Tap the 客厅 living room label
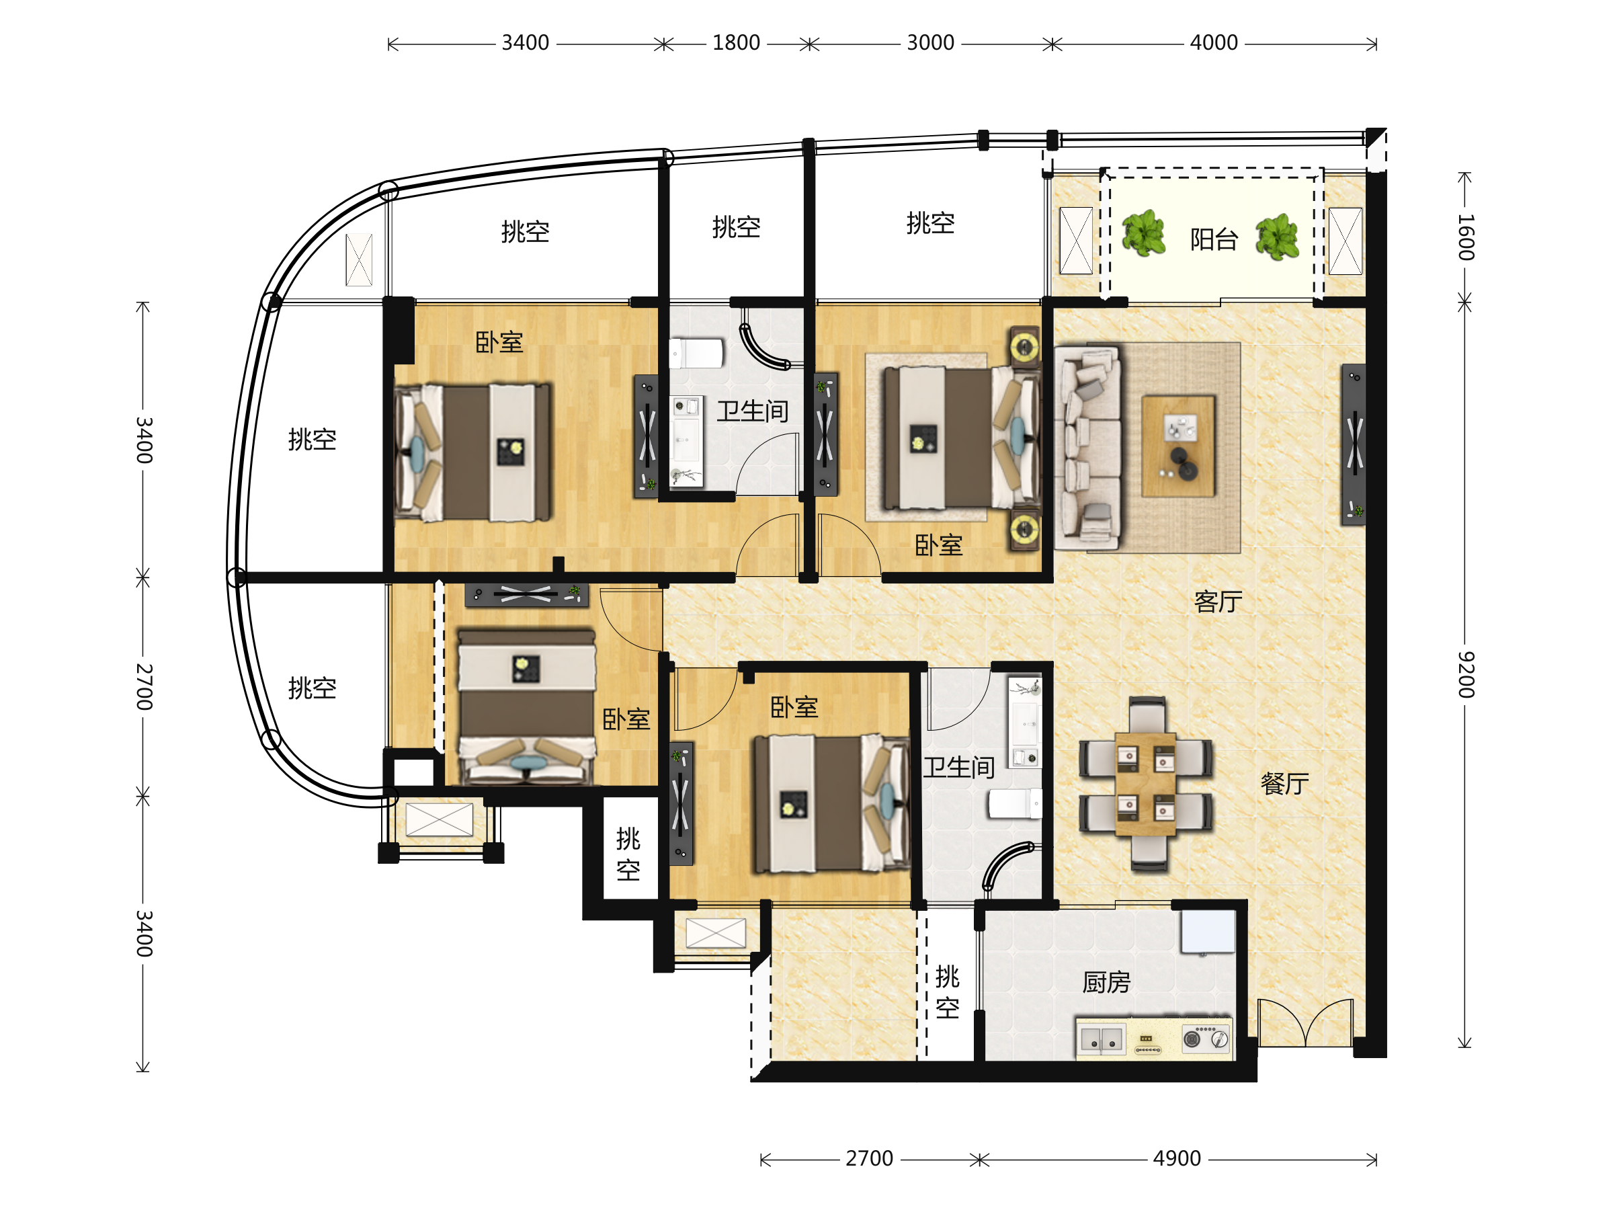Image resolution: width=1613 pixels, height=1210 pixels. (x=1218, y=602)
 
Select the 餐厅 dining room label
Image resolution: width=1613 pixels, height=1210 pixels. (x=1284, y=783)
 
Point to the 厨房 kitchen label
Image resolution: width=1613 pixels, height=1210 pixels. (x=1106, y=982)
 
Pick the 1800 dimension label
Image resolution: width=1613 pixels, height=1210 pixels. (x=736, y=43)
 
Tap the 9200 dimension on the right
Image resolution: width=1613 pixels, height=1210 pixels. (x=1466, y=675)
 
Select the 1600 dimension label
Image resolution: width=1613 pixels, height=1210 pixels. (x=1466, y=238)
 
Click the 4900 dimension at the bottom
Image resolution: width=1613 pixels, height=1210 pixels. (x=1176, y=1158)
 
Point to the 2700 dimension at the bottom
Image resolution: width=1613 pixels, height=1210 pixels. (x=869, y=1158)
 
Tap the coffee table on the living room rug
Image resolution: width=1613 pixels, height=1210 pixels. (x=1177, y=446)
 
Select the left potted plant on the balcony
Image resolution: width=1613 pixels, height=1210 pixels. (x=1143, y=233)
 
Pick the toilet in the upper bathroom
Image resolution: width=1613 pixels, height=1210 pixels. (x=696, y=353)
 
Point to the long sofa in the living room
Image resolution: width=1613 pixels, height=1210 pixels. (x=1087, y=447)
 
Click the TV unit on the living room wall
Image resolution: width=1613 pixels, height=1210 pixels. (x=1354, y=444)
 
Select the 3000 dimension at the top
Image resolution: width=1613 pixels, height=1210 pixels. (x=929, y=43)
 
